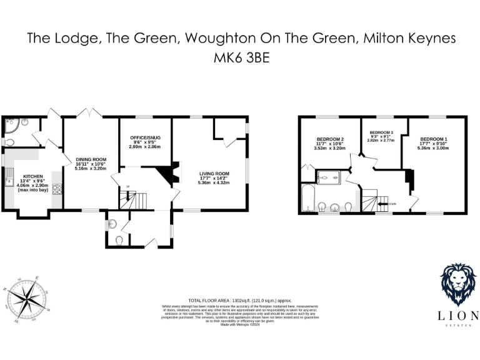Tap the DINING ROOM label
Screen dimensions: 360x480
tap(91, 159)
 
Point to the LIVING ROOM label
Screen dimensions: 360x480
tap(214, 174)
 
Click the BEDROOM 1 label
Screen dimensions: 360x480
tap(433, 139)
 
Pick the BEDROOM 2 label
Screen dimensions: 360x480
tap(329, 139)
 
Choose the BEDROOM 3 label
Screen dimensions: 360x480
tap(381, 133)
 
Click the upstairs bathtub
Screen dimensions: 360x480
tap(307, 199)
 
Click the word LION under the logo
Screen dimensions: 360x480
tap(459, 315)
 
